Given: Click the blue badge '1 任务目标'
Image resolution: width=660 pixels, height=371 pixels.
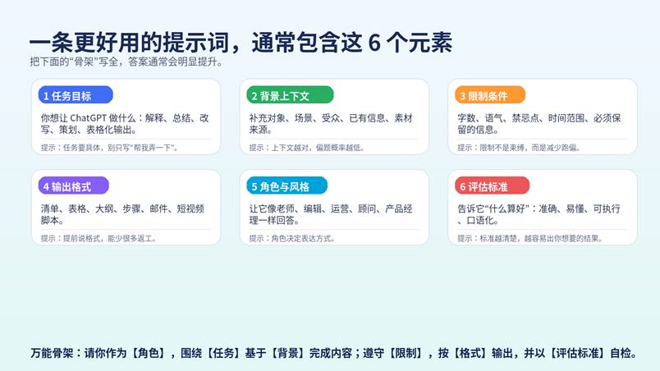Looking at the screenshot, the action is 76,95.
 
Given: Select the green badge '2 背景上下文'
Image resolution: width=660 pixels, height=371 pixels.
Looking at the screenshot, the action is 290,95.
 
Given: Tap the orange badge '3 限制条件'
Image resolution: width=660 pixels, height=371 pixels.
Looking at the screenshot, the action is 490,95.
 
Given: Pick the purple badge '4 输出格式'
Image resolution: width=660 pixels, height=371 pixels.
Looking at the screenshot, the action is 74,186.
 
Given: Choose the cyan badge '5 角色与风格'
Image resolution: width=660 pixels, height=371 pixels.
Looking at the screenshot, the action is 287,186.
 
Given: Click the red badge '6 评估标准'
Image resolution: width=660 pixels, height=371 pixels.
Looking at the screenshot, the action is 492,186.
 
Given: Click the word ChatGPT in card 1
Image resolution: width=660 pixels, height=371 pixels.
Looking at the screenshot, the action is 88,118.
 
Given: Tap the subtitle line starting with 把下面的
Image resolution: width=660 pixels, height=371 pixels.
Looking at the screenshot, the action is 126,62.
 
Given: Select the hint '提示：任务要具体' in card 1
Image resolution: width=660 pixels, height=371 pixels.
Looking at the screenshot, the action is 109,148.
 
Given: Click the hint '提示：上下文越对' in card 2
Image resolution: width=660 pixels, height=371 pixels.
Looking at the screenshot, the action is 307,148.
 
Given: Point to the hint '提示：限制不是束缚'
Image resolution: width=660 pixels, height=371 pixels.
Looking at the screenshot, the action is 519,148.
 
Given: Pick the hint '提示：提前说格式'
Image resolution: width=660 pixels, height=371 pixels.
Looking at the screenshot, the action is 99,239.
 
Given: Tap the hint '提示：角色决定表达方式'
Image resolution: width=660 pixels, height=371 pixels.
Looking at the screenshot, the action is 292,239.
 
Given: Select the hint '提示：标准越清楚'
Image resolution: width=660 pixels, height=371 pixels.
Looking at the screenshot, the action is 530,239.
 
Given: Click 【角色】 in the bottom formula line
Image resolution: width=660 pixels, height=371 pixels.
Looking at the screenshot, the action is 148,353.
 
